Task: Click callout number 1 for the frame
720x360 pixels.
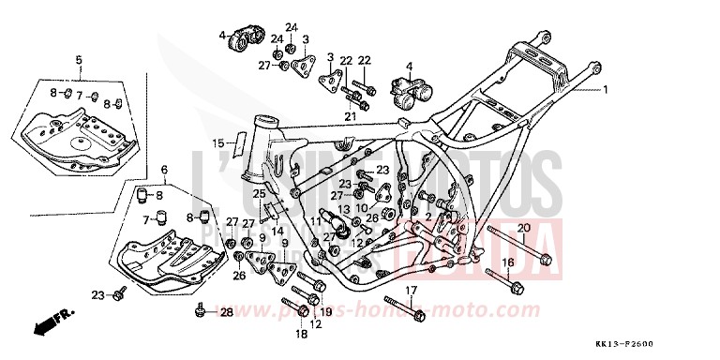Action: [x=606, y=91]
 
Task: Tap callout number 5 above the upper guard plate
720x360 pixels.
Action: [x=79, y=60]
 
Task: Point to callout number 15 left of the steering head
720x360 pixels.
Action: [x=217, y=143]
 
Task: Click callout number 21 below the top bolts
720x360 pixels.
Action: [x=351, y=116]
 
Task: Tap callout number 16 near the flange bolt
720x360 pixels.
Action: [x=507, y=262]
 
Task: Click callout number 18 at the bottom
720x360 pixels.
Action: [x=301, y=333]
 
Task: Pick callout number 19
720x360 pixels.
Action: [x=326, y=312]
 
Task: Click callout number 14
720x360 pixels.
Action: [x=277, y=231]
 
